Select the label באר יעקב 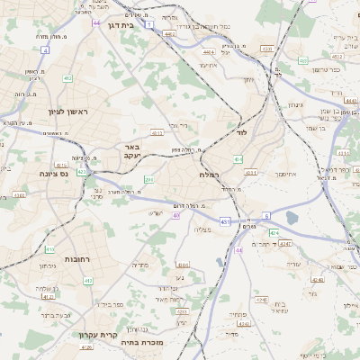click(x=130, y=151)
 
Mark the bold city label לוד click(x=240, y=132)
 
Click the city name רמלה click(x=209, y=175)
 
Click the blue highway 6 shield click(x=266, y=217)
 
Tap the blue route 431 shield click(x=224, y=220)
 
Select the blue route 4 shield click(x=45, y=50)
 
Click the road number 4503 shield click(x=266, y=48)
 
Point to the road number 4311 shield click(x=250, y=172)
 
